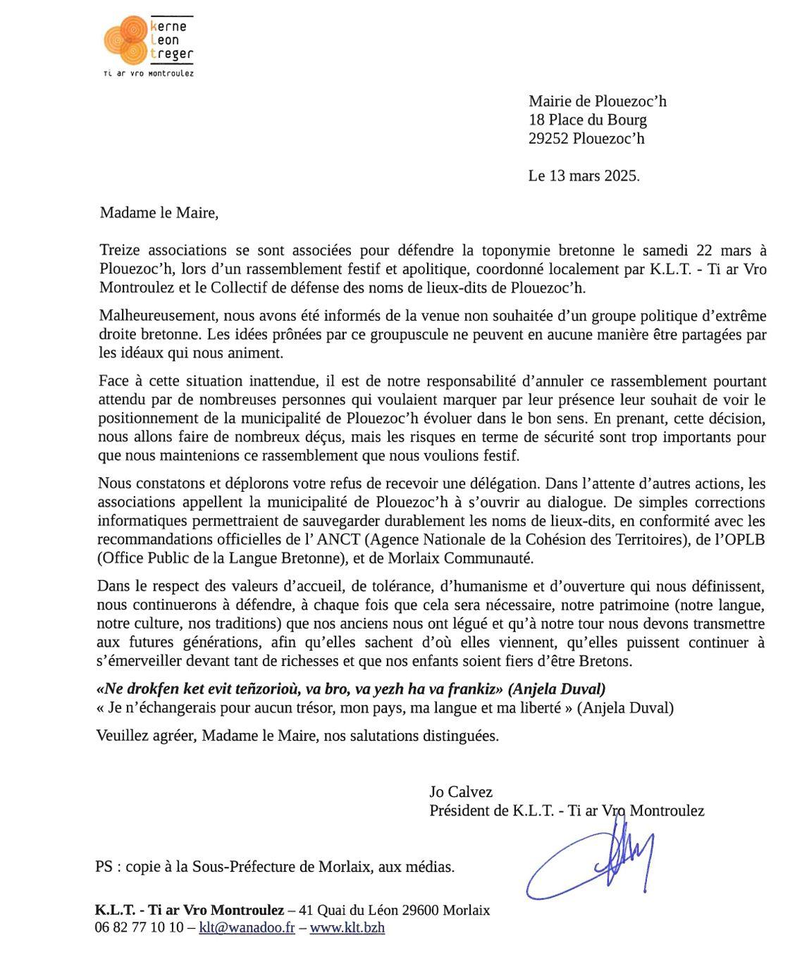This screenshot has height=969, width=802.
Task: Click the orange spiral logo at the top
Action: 125,39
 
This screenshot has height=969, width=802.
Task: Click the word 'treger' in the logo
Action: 171,54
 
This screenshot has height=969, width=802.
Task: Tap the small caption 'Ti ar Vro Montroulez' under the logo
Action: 148,73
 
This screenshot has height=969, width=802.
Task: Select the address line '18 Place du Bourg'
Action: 587,120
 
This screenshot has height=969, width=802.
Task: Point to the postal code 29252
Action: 549,138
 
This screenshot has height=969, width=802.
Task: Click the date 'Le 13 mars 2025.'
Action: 584,175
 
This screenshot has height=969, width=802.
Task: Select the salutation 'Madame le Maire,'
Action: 159,213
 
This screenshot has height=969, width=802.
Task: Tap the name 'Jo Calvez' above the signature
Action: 461,791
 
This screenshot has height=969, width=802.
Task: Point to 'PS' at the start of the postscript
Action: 104,867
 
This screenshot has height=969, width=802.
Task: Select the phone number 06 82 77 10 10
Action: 139,927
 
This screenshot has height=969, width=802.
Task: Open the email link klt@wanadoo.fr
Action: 247,927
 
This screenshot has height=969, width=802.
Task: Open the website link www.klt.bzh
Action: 347,927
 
